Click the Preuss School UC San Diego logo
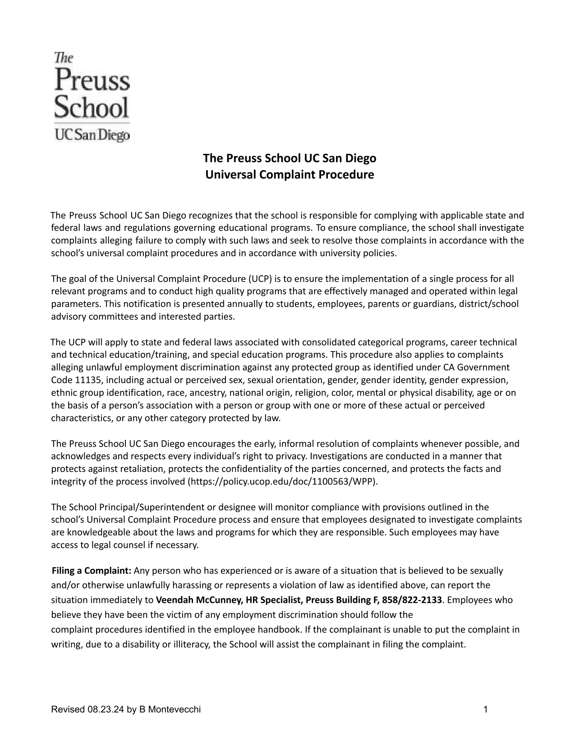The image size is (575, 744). (92, 97)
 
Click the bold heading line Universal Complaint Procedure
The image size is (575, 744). (290, 175)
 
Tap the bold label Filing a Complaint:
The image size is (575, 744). (92, 571)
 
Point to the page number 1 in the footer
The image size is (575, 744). (486, 710)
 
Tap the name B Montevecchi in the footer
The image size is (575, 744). (170, 710)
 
